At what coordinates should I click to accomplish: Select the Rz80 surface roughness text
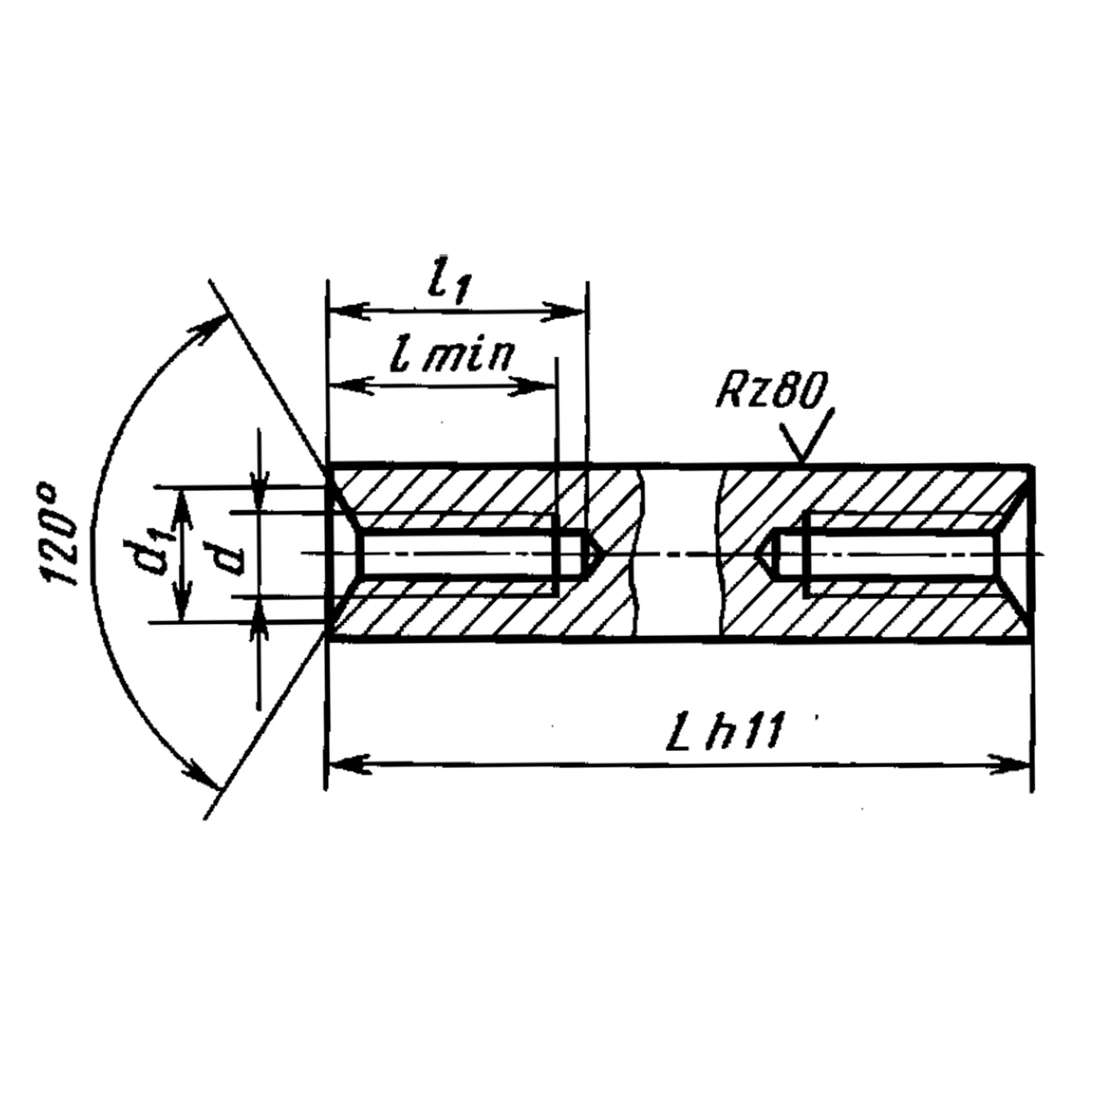click(772, 392)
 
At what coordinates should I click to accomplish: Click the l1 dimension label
click(449, 285)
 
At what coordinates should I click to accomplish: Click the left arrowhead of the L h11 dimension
click(348, 764)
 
